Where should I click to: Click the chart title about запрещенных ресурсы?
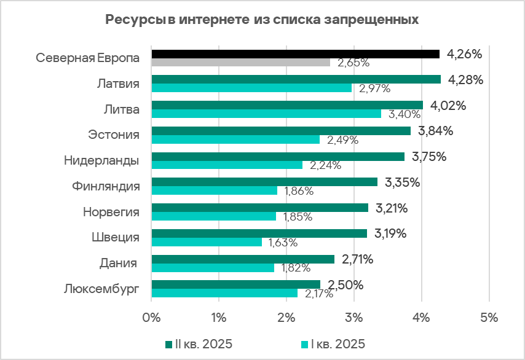click(x=262, y=20)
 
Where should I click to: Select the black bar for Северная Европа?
click(x=295, y=54)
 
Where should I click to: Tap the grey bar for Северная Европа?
click(x=240, y=62)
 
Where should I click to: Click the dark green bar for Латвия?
click(x=296, y=79)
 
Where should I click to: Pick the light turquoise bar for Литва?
click(x=266, y=114)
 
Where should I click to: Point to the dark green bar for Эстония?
click(x=280, y=131)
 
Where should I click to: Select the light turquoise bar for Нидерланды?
click(x=227, y=165)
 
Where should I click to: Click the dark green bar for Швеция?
click(x=259, y=233)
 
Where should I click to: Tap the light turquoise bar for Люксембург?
click(x=224, y=293)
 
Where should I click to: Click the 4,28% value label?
click(x=466, y=80)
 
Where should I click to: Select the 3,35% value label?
click(x=402, y=182)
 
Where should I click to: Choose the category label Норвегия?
click(x=111, y=212)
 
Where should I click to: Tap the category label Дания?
click(x=118, y=263)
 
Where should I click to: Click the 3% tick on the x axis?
click(x=353, y=318)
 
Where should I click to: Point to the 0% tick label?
click(x=151, y=318)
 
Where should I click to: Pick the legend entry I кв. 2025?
click(x=332, y=343)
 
